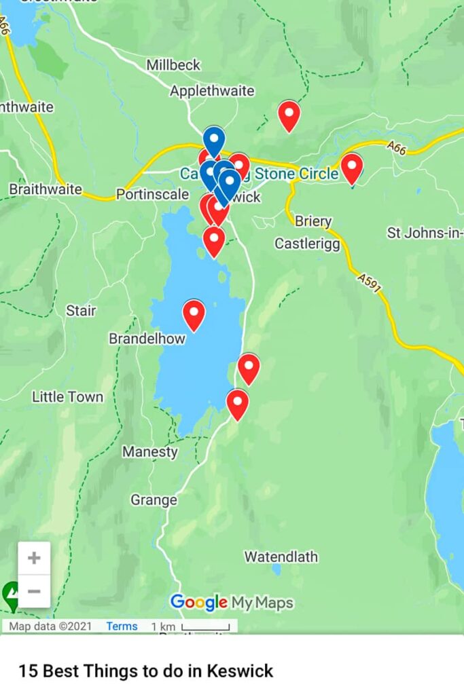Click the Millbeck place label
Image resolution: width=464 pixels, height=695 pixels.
click(174, 65)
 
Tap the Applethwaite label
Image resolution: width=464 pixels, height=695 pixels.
click(212, 91)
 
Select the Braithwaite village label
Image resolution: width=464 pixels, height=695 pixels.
click(46, 189)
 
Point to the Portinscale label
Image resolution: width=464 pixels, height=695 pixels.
click(152, 195)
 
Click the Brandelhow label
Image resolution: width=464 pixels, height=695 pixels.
click(147, 339)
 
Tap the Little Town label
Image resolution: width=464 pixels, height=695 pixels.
click(67, 397)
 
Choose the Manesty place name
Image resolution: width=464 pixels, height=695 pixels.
click(150, 452)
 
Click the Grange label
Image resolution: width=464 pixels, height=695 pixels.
click(154, 501)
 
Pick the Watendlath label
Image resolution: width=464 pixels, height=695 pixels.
click(281, 557)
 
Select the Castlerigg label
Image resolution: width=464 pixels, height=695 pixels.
click(307, 244)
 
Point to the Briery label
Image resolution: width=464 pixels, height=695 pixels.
click(313, 221)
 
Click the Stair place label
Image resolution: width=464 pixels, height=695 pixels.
click(81, 311)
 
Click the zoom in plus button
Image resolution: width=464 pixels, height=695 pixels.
click(34, 559)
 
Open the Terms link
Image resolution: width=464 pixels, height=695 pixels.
click(122, 626)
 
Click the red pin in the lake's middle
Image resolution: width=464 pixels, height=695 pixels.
click(194, 314)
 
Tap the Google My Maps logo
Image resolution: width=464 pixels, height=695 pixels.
click(232, 603)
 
